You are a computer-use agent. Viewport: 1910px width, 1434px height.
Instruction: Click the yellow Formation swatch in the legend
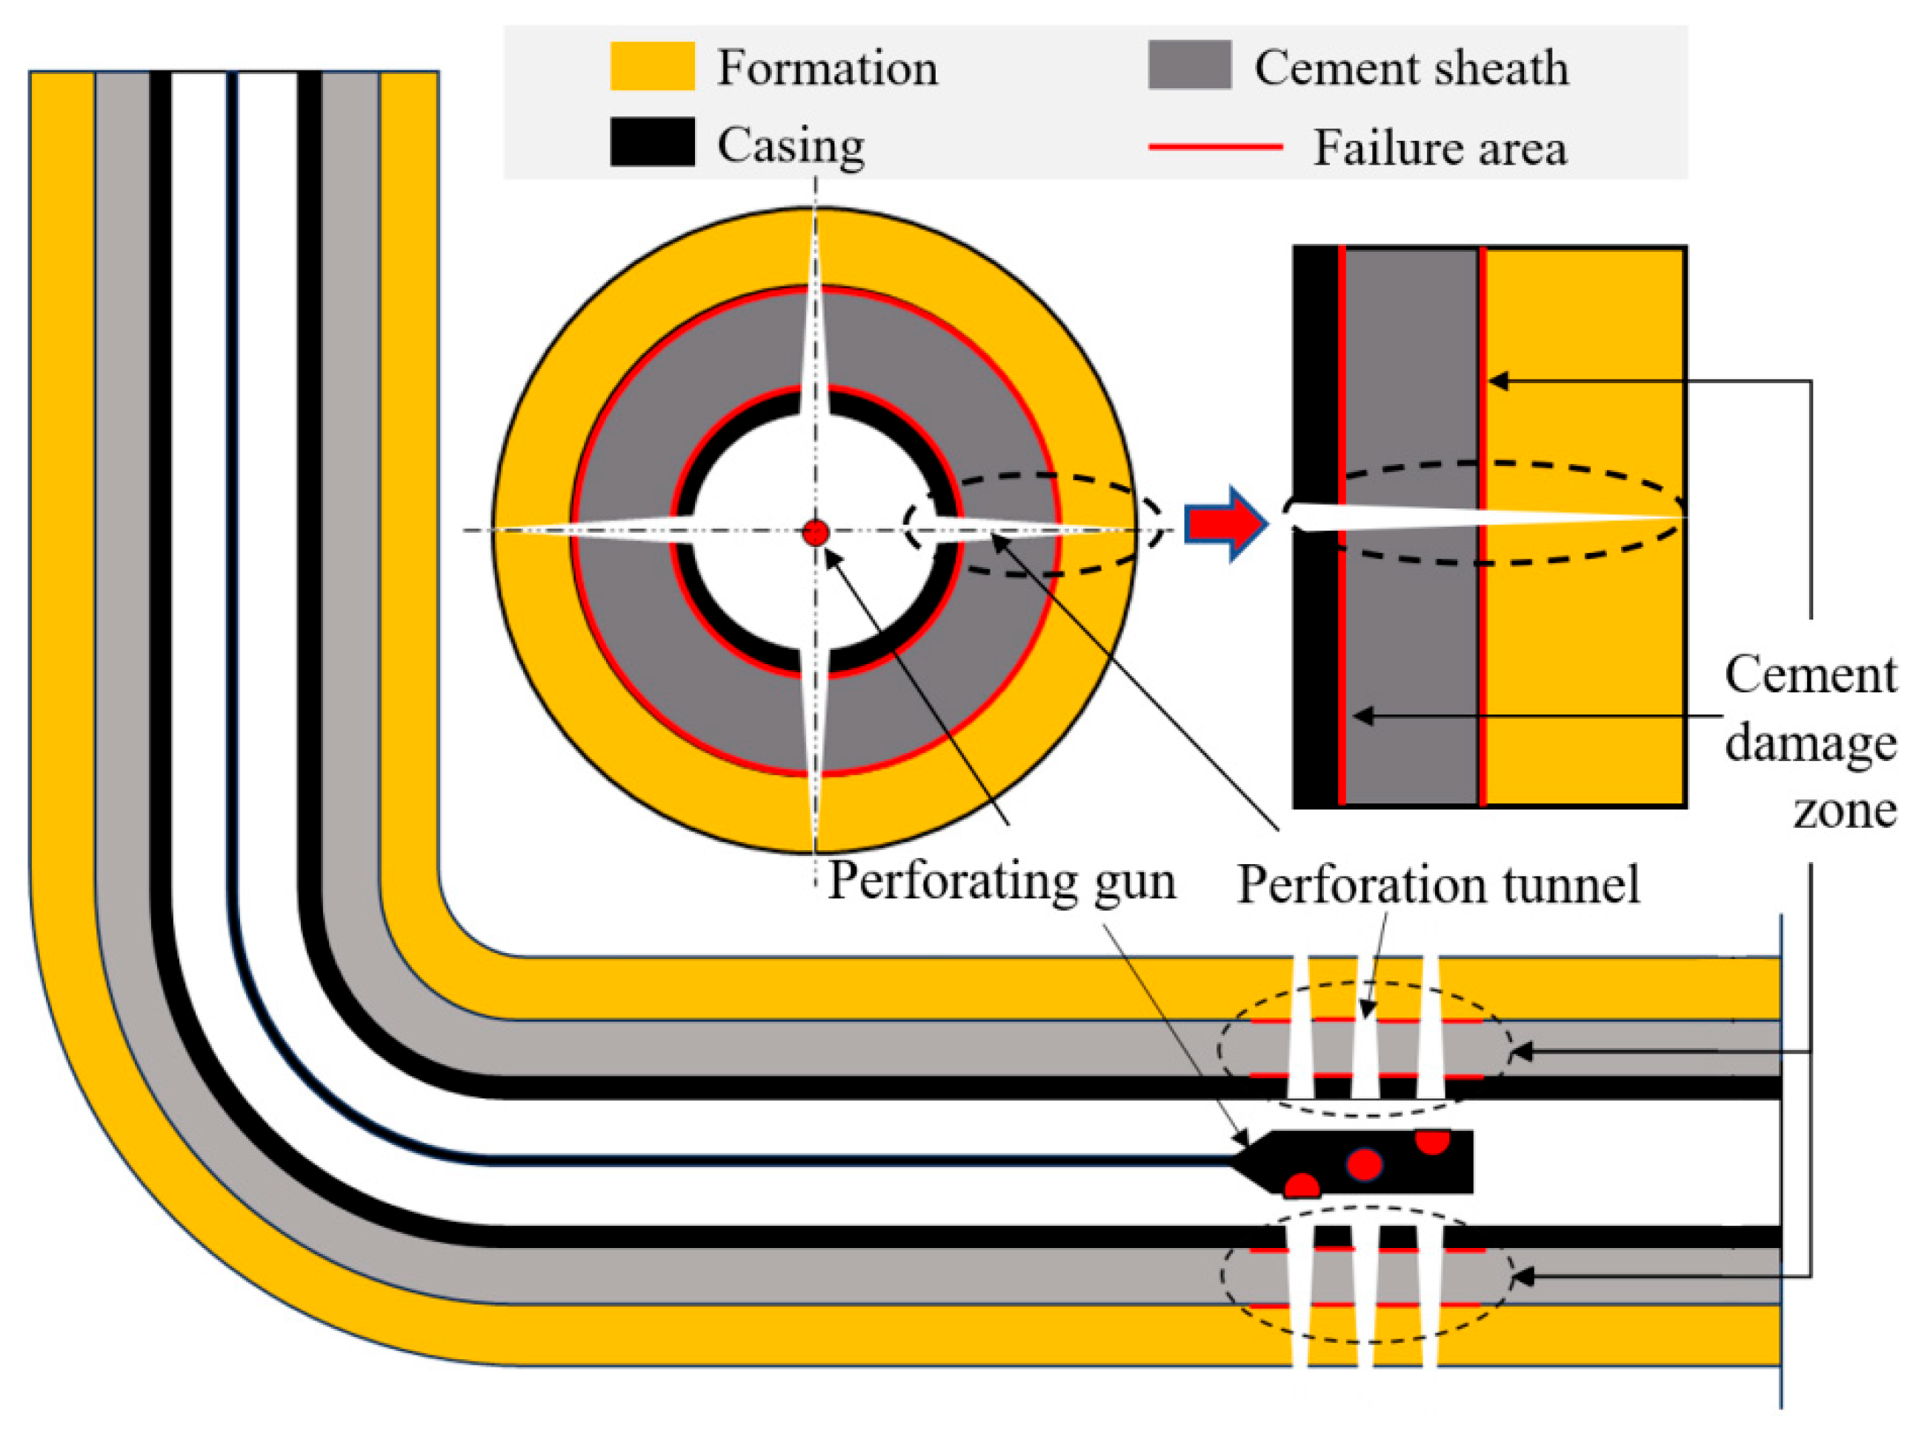(652, 67)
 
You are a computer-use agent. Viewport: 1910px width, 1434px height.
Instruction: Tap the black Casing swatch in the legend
(652, 142)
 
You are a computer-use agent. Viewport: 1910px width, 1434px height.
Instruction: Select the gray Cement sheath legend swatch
(1189, 64)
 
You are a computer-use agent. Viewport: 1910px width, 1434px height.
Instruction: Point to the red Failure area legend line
(1215, 147)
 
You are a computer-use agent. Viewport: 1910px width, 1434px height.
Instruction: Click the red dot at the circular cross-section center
(815, 533)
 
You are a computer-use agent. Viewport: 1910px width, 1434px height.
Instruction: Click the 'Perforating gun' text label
(1002, 882)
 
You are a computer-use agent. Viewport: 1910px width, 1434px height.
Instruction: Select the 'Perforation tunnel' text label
(1437, 885)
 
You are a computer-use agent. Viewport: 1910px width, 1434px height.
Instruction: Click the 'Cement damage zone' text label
(1810, 741)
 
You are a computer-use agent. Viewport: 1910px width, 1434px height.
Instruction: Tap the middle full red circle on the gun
(1363, 1164)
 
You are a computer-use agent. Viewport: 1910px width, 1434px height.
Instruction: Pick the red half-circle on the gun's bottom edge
(1301, 1186)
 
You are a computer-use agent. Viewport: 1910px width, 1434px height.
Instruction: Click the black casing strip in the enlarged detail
(1314, 674)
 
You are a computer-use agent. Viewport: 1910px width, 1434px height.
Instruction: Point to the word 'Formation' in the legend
(826, 67)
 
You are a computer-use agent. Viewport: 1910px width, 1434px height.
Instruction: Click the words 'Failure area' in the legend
(1440, 147)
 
